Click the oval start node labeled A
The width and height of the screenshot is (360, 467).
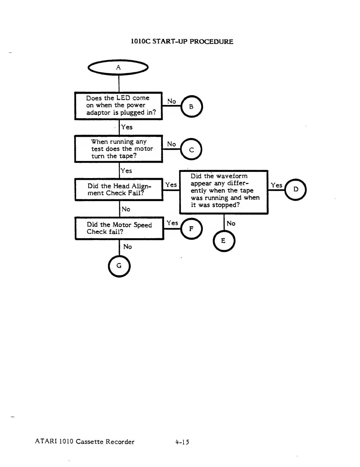(x=118, y=68)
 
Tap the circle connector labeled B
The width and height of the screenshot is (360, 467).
(x=192, y=106)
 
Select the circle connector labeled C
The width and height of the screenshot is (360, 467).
(x=192, y=149)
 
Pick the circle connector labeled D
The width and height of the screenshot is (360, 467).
(x=296, y=189)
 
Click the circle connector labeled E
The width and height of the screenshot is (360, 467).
(x=224, y=241)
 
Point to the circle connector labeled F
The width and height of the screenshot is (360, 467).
(x=191, y=228)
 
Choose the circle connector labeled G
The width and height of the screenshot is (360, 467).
(x=119, y=265)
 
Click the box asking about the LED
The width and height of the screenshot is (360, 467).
(x=118, y=106)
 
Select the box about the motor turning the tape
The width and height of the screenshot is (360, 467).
(x=118, y=149)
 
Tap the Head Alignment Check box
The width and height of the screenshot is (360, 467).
(x=119, y=190)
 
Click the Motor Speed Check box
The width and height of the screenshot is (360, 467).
(x=119, y=228)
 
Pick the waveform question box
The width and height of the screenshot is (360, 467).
(x=224, y=192)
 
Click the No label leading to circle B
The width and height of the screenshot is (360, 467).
(x=171, y=101)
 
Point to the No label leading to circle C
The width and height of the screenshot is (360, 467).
(x=171, y=144)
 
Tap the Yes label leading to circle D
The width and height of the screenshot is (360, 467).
(x=276, y=185)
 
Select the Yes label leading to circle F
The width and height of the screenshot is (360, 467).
(x=172, y=223)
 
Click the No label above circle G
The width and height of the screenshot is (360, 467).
(x=127, y=247)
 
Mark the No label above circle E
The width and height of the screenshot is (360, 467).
(x=231, y=223)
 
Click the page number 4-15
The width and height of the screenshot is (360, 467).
(x=182, y=442)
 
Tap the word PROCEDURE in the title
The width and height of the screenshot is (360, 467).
(x=211, y=42)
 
